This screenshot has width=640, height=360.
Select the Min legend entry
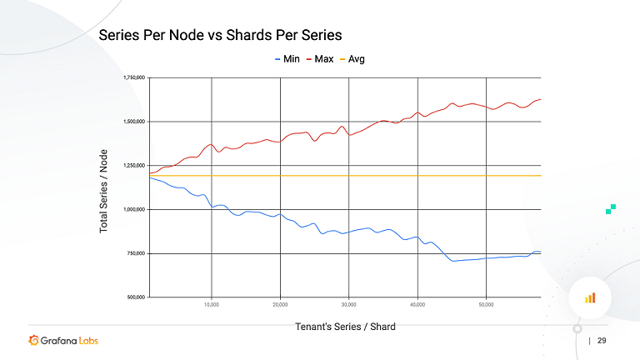point(287,59)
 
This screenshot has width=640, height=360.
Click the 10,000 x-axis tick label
point(212,305)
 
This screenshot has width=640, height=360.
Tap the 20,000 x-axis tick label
point(280,305)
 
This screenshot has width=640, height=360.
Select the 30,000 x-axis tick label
point(349,305)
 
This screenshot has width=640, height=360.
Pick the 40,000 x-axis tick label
point(417,305)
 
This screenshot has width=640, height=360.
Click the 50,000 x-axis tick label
point(486,305)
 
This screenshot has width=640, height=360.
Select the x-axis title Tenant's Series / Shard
point(345,327)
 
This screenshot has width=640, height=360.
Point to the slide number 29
point(602,341)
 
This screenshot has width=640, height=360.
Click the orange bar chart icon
point(589,297)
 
